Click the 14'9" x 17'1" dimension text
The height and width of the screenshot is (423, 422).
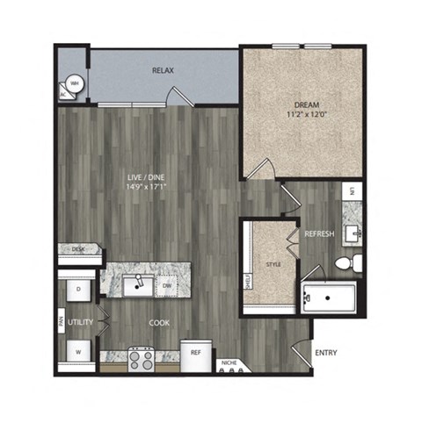[x=143, y=187]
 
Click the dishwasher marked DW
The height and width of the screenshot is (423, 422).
[x=167, y=285]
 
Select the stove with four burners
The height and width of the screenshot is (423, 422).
[x=142, y=358]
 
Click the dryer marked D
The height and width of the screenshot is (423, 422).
[x=78, y=288]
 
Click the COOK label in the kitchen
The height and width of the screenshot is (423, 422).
[x=159, y=323]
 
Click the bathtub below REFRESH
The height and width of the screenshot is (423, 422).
[x=327, y=298]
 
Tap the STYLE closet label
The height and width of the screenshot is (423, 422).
[x=273, y=262]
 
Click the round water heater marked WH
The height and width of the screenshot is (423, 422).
[x=76, y=84]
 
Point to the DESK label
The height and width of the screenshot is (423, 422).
[x=77, y=249]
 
